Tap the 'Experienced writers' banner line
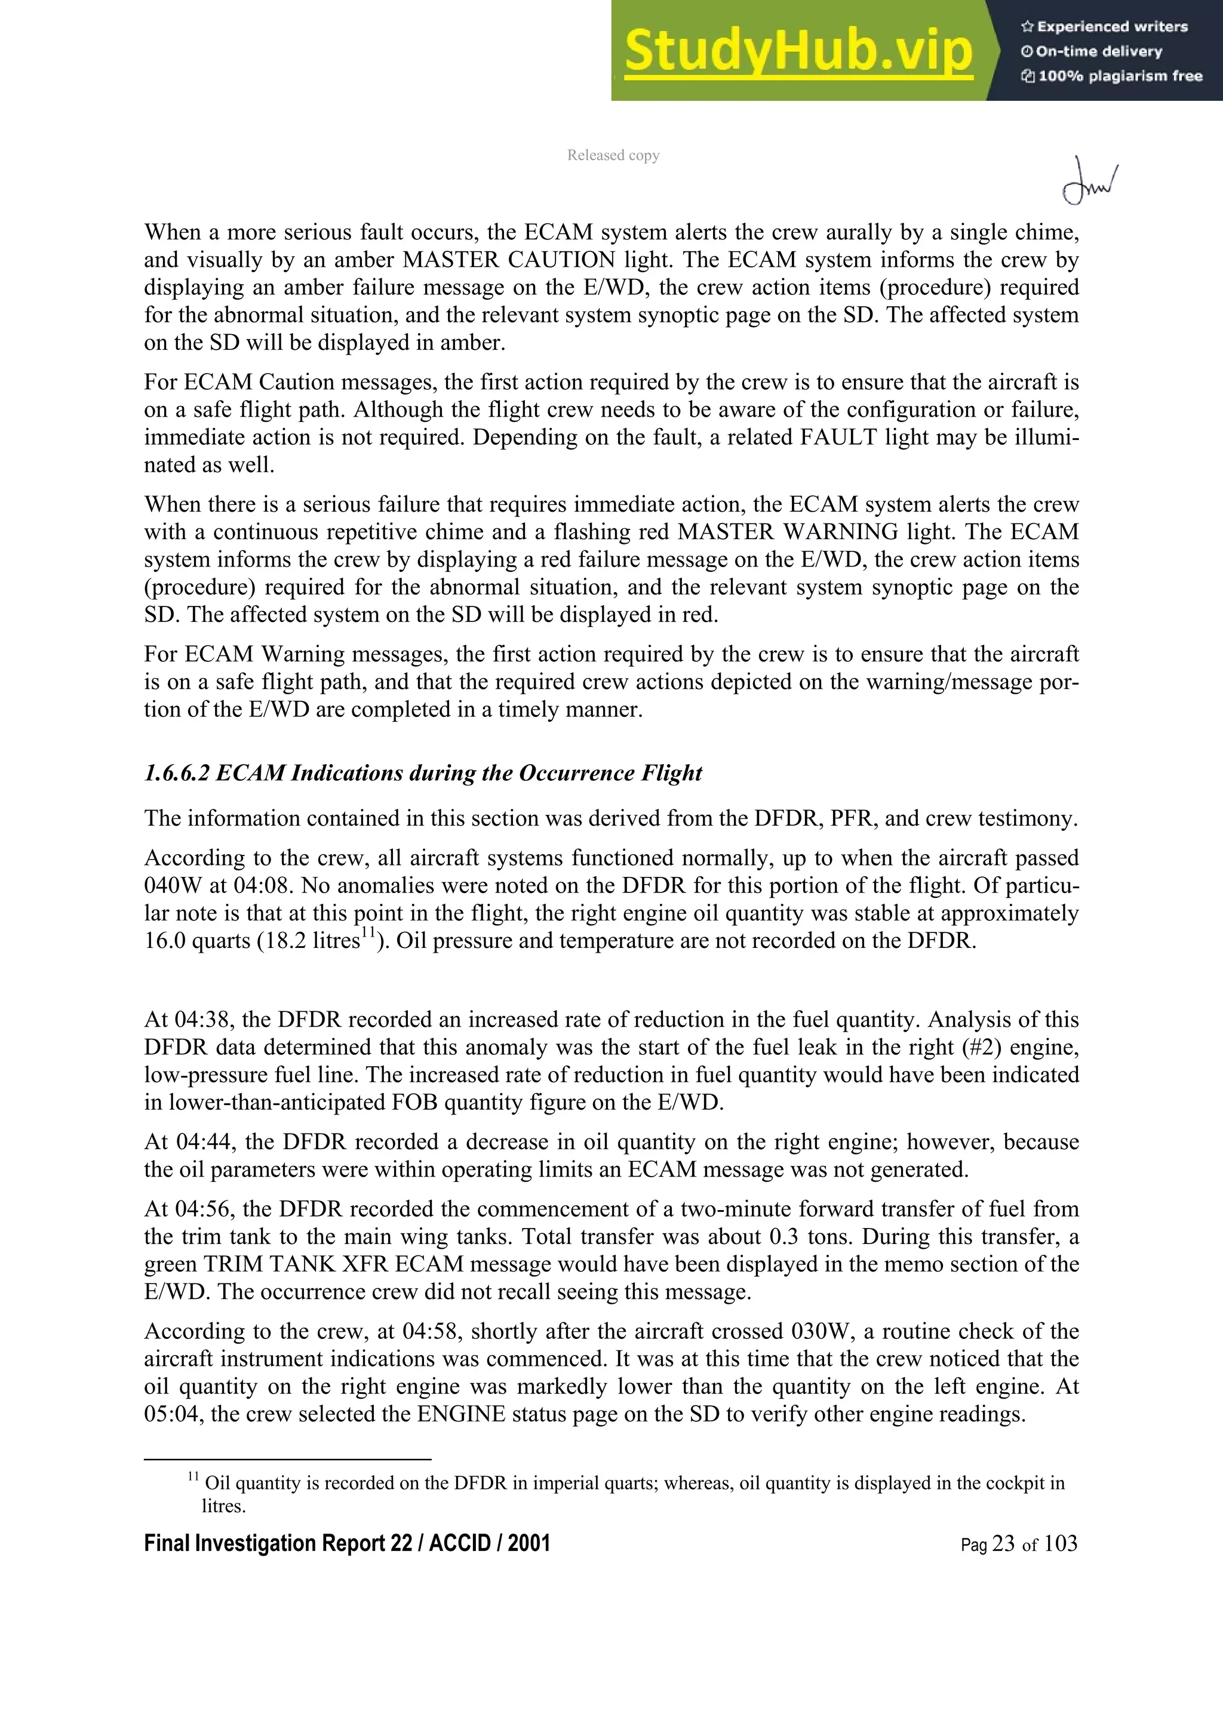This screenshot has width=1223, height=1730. (x=1105, y=26)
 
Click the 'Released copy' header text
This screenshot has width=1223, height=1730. (x=613, y=155)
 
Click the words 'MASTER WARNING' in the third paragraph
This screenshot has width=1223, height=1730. (x=788, y=532)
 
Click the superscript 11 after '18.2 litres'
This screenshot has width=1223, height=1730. (x=368, y=934)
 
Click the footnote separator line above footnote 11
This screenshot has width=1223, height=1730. (x=287, y=1460)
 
